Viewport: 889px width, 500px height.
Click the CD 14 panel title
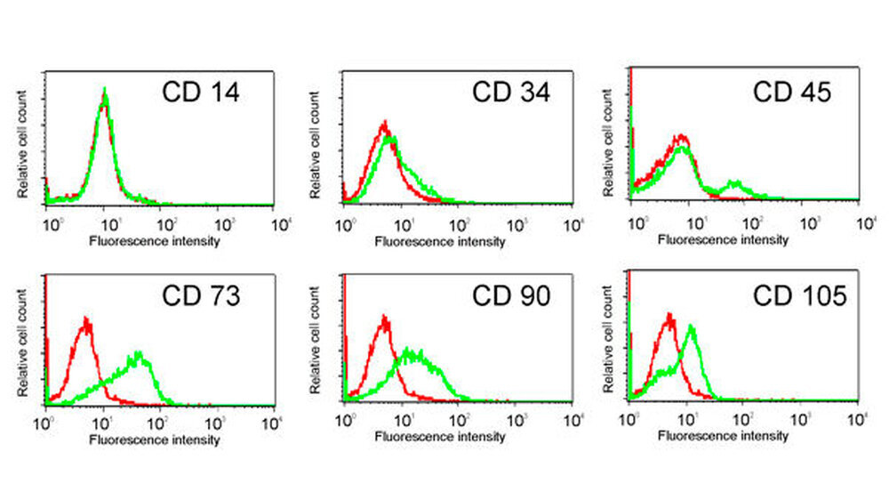pos(200,92)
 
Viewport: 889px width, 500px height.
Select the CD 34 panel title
pos(511,92)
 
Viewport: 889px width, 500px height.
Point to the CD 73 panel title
pos(200,296)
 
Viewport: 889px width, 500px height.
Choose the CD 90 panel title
pos(511,296)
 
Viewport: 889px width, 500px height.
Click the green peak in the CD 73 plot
pos(139,355)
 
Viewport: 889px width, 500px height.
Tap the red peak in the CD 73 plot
pos(86,319)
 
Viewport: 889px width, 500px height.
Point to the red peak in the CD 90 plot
pos(384,318)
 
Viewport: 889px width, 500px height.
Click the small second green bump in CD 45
pos(735,183)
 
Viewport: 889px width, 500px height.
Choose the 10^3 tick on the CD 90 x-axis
pos(519,421)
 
